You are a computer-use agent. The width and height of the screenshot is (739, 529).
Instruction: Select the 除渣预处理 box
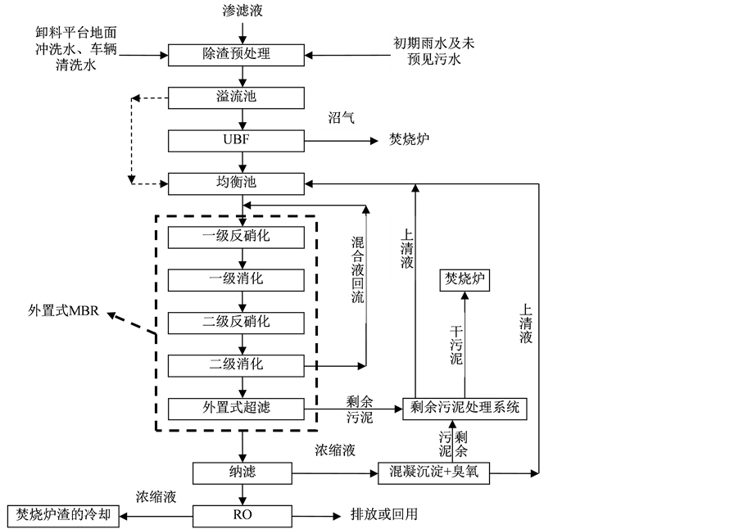click(x=236, y=54)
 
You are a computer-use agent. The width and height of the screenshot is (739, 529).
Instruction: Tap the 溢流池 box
click(x=236, y=97)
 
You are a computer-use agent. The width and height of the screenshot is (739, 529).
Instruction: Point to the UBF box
click(x=236, y=140)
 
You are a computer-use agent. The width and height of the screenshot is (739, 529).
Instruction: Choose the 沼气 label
click(x=341, y=119)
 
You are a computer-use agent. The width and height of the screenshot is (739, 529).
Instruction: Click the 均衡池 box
click(x=236, y=183)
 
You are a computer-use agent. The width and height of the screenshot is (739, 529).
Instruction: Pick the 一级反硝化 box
click(x=236, y=237)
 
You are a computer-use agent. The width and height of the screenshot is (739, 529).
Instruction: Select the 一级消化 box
click(x=236, y=279)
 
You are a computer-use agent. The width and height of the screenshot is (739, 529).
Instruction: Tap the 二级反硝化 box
click(x=236, y=322)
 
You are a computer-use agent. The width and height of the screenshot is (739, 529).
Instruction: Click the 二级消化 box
click(x=236, y=364)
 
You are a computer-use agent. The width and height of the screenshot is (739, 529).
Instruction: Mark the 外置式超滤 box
click(x=236, y=408)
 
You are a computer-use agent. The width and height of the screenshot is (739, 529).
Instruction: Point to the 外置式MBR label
click(x=63, y=311)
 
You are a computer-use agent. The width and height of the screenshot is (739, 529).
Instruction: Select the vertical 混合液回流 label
click(x=353, y=269)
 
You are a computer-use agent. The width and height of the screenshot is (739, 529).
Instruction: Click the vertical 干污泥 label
click(x=452, y=345)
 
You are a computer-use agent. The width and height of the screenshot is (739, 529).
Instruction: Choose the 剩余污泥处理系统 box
click(x=465, y=408)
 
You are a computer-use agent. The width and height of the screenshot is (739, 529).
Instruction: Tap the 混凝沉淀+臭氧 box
click(x=433, y=472)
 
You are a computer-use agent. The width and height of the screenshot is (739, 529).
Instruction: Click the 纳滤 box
click(x=243, y=472)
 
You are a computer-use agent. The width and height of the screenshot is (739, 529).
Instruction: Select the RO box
click(x=243, y=515)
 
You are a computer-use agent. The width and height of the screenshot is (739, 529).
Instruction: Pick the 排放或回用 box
click(x=384, y=515)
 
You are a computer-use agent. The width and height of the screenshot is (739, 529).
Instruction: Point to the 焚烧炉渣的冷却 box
click(x=63, y=516)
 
